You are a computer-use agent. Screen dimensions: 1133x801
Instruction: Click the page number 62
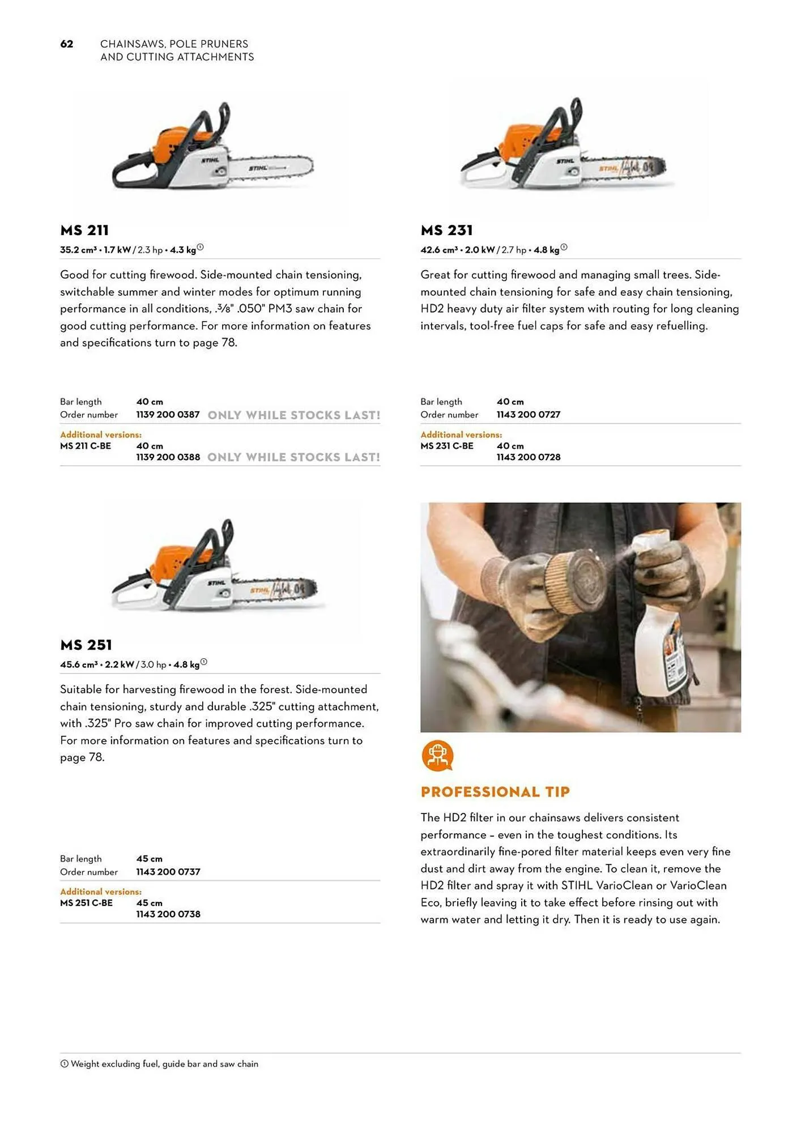[67, 44]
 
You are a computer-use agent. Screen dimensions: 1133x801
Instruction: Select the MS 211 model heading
[84, 231]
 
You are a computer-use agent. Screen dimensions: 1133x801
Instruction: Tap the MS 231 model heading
[446, 231]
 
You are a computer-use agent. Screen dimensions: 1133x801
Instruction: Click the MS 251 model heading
[86, 645]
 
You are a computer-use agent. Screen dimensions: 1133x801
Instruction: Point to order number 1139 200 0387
[168, 415]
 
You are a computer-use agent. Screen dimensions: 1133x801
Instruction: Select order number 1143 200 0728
[528, 457]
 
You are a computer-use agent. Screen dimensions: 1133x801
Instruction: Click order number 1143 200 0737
[168, 872]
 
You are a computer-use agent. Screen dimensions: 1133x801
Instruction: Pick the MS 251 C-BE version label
[86, 903]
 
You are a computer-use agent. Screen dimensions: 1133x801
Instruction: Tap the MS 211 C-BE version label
[86, 446]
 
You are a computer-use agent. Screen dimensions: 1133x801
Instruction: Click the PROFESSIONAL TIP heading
[495, 792]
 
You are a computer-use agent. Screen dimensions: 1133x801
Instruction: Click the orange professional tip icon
[437, 756]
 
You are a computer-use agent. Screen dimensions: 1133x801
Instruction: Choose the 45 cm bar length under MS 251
[149, 859]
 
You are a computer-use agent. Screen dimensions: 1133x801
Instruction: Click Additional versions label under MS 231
[461, 435]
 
